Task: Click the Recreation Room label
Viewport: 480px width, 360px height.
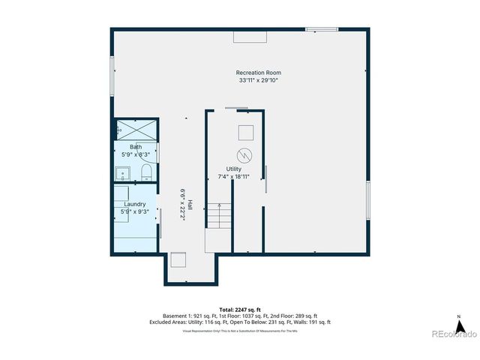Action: tap(259, 73)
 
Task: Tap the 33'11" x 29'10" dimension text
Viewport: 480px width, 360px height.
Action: tap(259, 80)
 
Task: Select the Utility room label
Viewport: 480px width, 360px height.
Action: tap(234, 169)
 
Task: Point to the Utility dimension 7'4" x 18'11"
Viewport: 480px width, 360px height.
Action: tap(234, 177)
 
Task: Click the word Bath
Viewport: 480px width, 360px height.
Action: tap(136, 147)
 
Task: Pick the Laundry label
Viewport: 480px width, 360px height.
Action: tap(135, 204)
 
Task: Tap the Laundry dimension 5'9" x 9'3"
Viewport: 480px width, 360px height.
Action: tap(136, 211)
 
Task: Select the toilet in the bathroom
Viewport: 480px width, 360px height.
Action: tap(146, 175)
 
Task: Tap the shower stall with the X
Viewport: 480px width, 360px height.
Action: tap(136, 130)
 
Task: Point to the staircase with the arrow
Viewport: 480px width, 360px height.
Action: tap(218, 217)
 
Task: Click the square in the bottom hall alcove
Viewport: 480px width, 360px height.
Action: tap(178, 260)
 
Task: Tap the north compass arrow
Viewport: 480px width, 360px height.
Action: tap(462, 326)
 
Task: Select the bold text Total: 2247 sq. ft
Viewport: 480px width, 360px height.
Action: tap(240, 309)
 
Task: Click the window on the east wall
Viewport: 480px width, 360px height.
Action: tap(367, 201)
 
